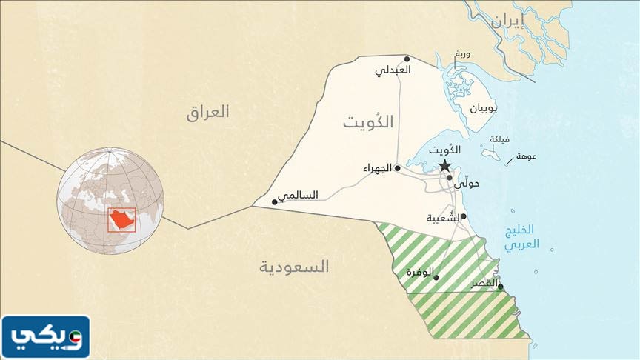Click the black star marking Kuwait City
[x=444, y=165]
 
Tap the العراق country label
[x=208, y=113]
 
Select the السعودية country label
[x=295, y=267]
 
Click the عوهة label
[x=527, y=156]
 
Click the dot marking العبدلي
[x=407, y=59]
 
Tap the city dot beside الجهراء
[x=398, y=168]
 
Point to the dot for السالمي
[x=275, y=201]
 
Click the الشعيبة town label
[x=443, y=218]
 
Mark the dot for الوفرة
[x=436, y=278]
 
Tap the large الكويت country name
[x=367, y=122]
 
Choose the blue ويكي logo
[x=46, y=337]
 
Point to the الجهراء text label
[x=378, y=169]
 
